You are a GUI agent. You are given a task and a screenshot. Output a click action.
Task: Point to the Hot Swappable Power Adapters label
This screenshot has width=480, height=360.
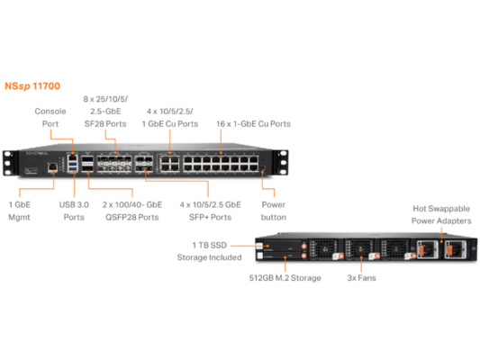pos(440,213)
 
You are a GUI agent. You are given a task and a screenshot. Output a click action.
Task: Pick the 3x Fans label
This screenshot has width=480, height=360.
pos(361,278)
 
